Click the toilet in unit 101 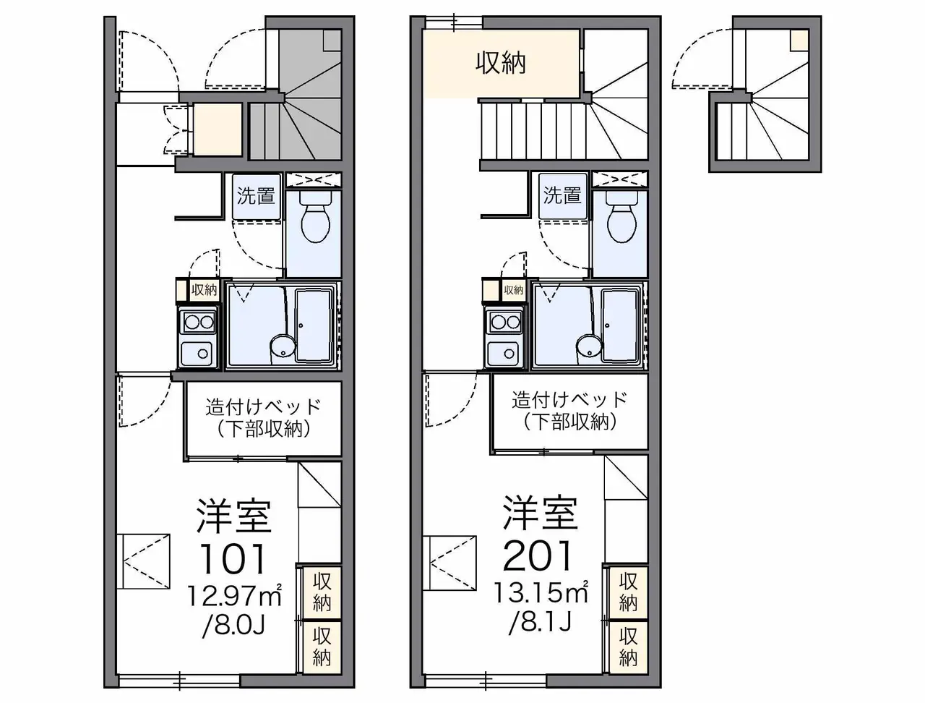pyautogui.click(x=315, y=218)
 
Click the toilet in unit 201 pyautogui.click(x=621, y=218)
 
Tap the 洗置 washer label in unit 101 pyautogui.click(x=256, y=196)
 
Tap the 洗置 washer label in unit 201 pyautogui.click(x=562, y=196)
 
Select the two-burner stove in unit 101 pyautogui.click(x=199, y=322)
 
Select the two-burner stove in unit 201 pyautogui.click(x=506, y=322)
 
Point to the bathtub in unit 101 pyautogui.click(x=314, y=325)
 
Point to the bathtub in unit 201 pyautogui.click(x=621, y=325)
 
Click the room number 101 pyautogui.click(x=233, y=558)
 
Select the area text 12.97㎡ pyautogui.click(x=234, y=595)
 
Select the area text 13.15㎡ pyautogui.click(x=541, y=592)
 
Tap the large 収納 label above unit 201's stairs pyautogui.click(x=501, y=64)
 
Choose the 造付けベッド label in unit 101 pyautogui.click(x=264, y=406)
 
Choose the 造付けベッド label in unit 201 pyautogui.click(x=569, y=400)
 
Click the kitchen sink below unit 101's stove pyautogui.click(x=197, y=352)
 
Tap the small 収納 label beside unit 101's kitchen pyautogui.click(x=204, y=290)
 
